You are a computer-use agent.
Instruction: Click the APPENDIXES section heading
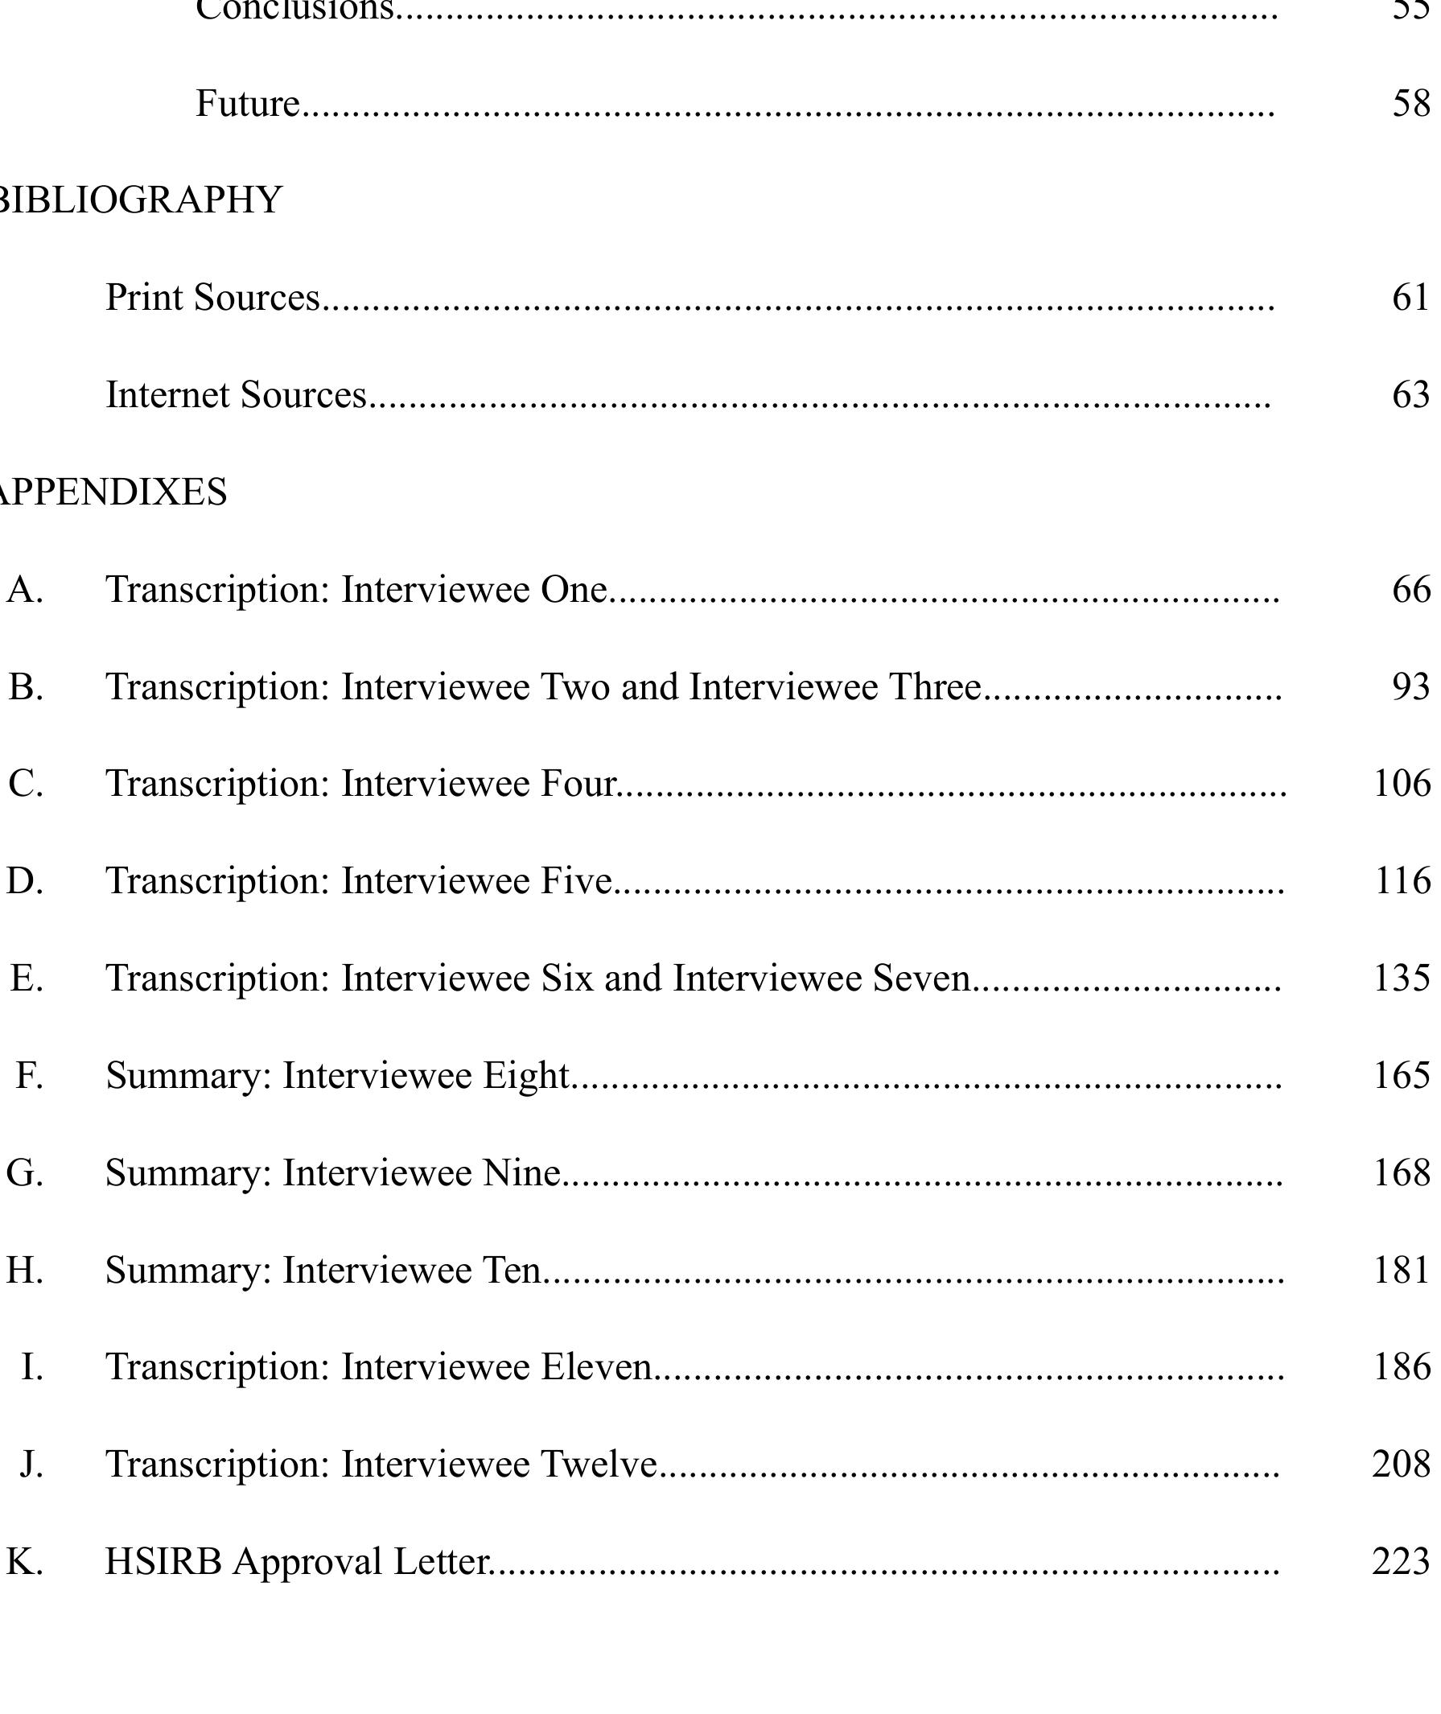(x=112, y=492)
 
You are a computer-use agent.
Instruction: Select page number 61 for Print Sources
(x=1410, y=298)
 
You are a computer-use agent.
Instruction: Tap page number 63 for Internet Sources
(x=1410, y=395)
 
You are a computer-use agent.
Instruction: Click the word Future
(x=248, y=104)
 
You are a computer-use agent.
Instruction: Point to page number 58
(x=1410, y=104)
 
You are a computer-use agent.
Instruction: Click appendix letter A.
(x=24, y=590)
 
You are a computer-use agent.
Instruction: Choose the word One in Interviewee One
(x=574, y=590)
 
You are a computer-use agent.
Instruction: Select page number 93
(x=1410, y=687)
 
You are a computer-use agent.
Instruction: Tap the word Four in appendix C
(x=578, y=784)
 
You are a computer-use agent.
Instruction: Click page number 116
(x=1402, y=880)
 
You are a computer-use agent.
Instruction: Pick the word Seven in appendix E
(x=920, y=978)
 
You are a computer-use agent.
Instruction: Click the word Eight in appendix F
(x=525, y=1075)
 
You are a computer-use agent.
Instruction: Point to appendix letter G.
(x=24, y=1173)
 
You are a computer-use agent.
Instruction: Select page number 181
(x=1402, y=1271)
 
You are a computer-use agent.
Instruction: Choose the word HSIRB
(x=163, y=1561)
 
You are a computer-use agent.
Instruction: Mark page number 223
(x=1402, y=1561)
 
